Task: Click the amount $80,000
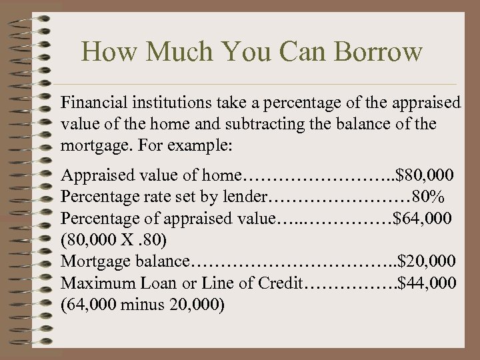click(425, 175)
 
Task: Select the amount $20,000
click(427, 261)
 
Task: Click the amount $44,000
click(427, 283)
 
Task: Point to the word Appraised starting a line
click(92, 175)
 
